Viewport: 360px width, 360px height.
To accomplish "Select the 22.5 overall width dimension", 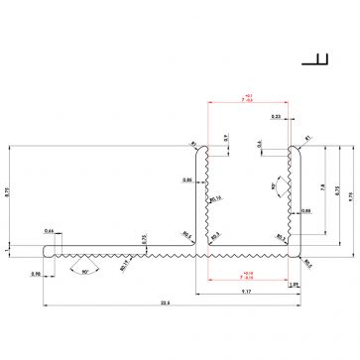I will pos(167,302).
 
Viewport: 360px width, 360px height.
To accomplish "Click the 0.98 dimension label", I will pos(36,275).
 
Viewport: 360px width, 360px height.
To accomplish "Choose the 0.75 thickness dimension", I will pos(144,238).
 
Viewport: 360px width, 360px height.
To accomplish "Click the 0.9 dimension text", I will pos(225,136).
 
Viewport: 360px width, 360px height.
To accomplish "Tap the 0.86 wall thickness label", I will pos(187,180).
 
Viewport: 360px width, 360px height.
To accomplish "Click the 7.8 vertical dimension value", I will pos(323,186).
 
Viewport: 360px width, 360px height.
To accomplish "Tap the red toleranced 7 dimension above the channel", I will pos(247,98).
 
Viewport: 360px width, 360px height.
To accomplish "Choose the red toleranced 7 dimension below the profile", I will pos(247,275).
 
